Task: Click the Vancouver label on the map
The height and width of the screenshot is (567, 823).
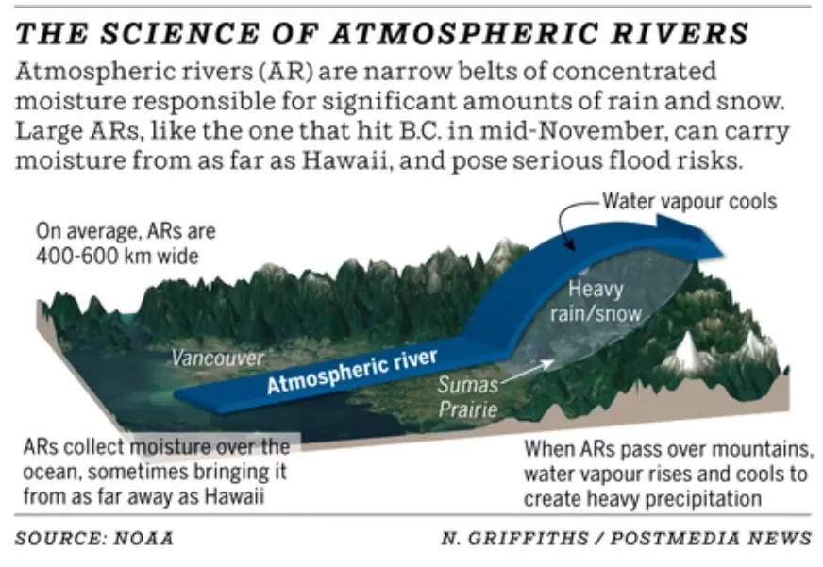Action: click(x=218, y=358)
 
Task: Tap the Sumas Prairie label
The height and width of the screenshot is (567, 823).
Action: click(x=468, y=397)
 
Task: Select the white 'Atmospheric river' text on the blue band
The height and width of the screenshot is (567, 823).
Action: click(x=352, y=371)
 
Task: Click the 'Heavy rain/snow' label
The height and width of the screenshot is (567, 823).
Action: click(x=596, y=301)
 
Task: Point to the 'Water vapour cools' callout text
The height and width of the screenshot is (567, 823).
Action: click(x=690, y=201)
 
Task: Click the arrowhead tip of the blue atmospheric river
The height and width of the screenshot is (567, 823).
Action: click(x=724, y=256)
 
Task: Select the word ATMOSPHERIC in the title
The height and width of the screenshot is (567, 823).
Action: click(x=464, y=34)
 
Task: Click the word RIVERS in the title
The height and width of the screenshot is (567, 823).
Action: click(x=680, y=34)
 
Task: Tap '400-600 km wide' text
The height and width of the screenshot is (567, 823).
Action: click(x=118, y=256)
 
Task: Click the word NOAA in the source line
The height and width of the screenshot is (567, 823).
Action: click(x=143, y=538)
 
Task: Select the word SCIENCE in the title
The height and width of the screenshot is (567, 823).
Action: click(x=180, y=34)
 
